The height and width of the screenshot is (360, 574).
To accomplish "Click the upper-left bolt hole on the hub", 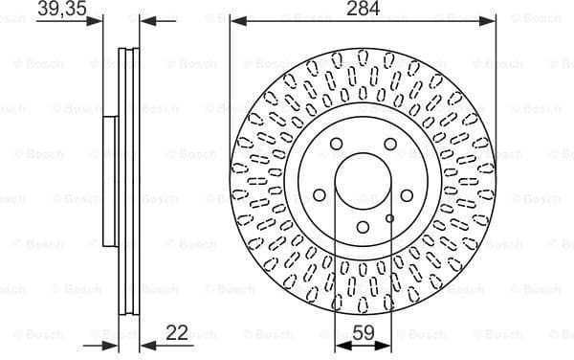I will [336, 145].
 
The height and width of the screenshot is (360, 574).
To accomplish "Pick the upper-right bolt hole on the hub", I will [390, 145].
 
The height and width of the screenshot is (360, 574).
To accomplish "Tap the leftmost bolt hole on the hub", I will [319, 196].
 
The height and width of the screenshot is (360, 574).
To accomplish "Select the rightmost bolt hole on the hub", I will [408, 196].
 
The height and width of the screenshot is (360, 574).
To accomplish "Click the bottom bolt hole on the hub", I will [364, 228].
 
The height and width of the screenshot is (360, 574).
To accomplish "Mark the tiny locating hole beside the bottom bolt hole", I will [389, 219].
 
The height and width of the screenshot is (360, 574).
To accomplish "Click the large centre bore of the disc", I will [364, 181].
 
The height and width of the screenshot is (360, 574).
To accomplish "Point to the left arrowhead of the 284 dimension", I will [235, 20].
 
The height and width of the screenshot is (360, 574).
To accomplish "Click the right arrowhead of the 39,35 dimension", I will [144, 20].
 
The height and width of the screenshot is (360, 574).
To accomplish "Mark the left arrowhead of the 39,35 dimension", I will [96, 20].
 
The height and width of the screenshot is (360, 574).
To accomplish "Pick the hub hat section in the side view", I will [110, 181].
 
